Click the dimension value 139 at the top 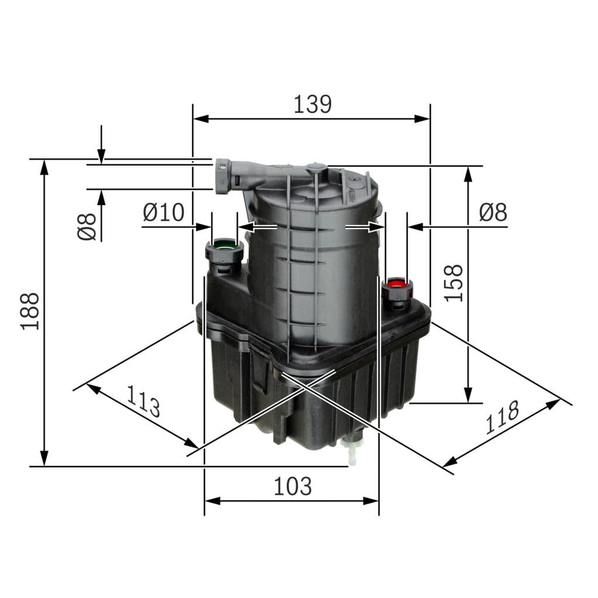pos(312,104)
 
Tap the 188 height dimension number pos(30,311)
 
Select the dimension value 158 pos(454,283)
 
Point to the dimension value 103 pos(293,486)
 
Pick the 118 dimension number pos(502,417)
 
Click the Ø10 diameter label pos(164,212)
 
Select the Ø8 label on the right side pos(493,213)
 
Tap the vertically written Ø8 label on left pos(86,227)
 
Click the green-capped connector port pos(224,245)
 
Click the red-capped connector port pos(397,285)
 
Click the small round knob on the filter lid pos(317,168)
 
